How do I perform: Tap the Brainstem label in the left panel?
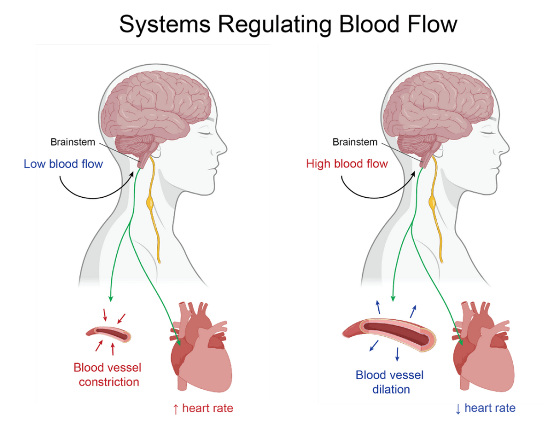pyautogui.click(x=73, y=142)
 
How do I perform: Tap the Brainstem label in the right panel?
pyautogui.click(x=355, y=142)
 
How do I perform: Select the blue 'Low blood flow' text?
pyautogui.click(x=63, y=164)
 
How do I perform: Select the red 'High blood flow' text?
pyautogui.click(x=347, y=164)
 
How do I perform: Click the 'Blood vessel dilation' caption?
pyautogui.click(x=390, y=382)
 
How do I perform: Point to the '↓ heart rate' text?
pyautogui.click(x=485, y=408)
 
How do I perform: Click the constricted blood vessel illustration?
pyautogui.click(x=108, y=335)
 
